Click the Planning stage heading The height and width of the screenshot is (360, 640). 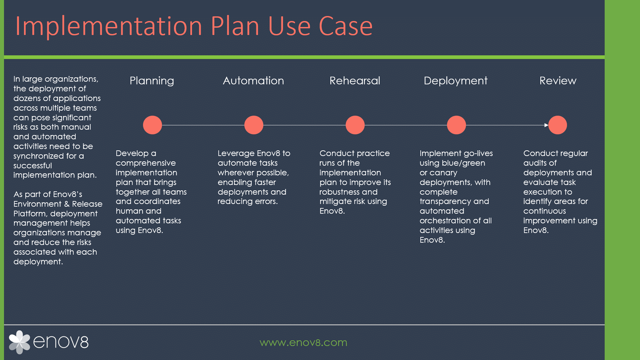click(x=152, y=81)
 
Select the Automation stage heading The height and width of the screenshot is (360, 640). click(x=253, y=81)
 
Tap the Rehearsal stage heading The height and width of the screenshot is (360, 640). click(x=355, y=81)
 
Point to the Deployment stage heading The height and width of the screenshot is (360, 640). click(x=456, y=81)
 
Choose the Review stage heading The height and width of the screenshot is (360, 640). click(x=558, y=81)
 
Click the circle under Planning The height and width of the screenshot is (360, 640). click(x=152, y=125)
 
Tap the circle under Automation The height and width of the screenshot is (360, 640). click(x=254, y=125)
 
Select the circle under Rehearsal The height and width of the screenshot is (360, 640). click(x=355, y=125)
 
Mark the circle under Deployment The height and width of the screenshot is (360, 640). click(x=456, y=125)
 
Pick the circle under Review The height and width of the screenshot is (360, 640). click(x=558, y=125)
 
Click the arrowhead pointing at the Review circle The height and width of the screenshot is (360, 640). click(x=546, y=125)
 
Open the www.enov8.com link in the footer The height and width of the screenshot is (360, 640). click(x=303, y=342)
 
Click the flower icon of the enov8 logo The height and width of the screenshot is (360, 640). click(x=19, y=342)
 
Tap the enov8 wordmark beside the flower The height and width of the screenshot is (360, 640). click(x=61, y=342)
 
